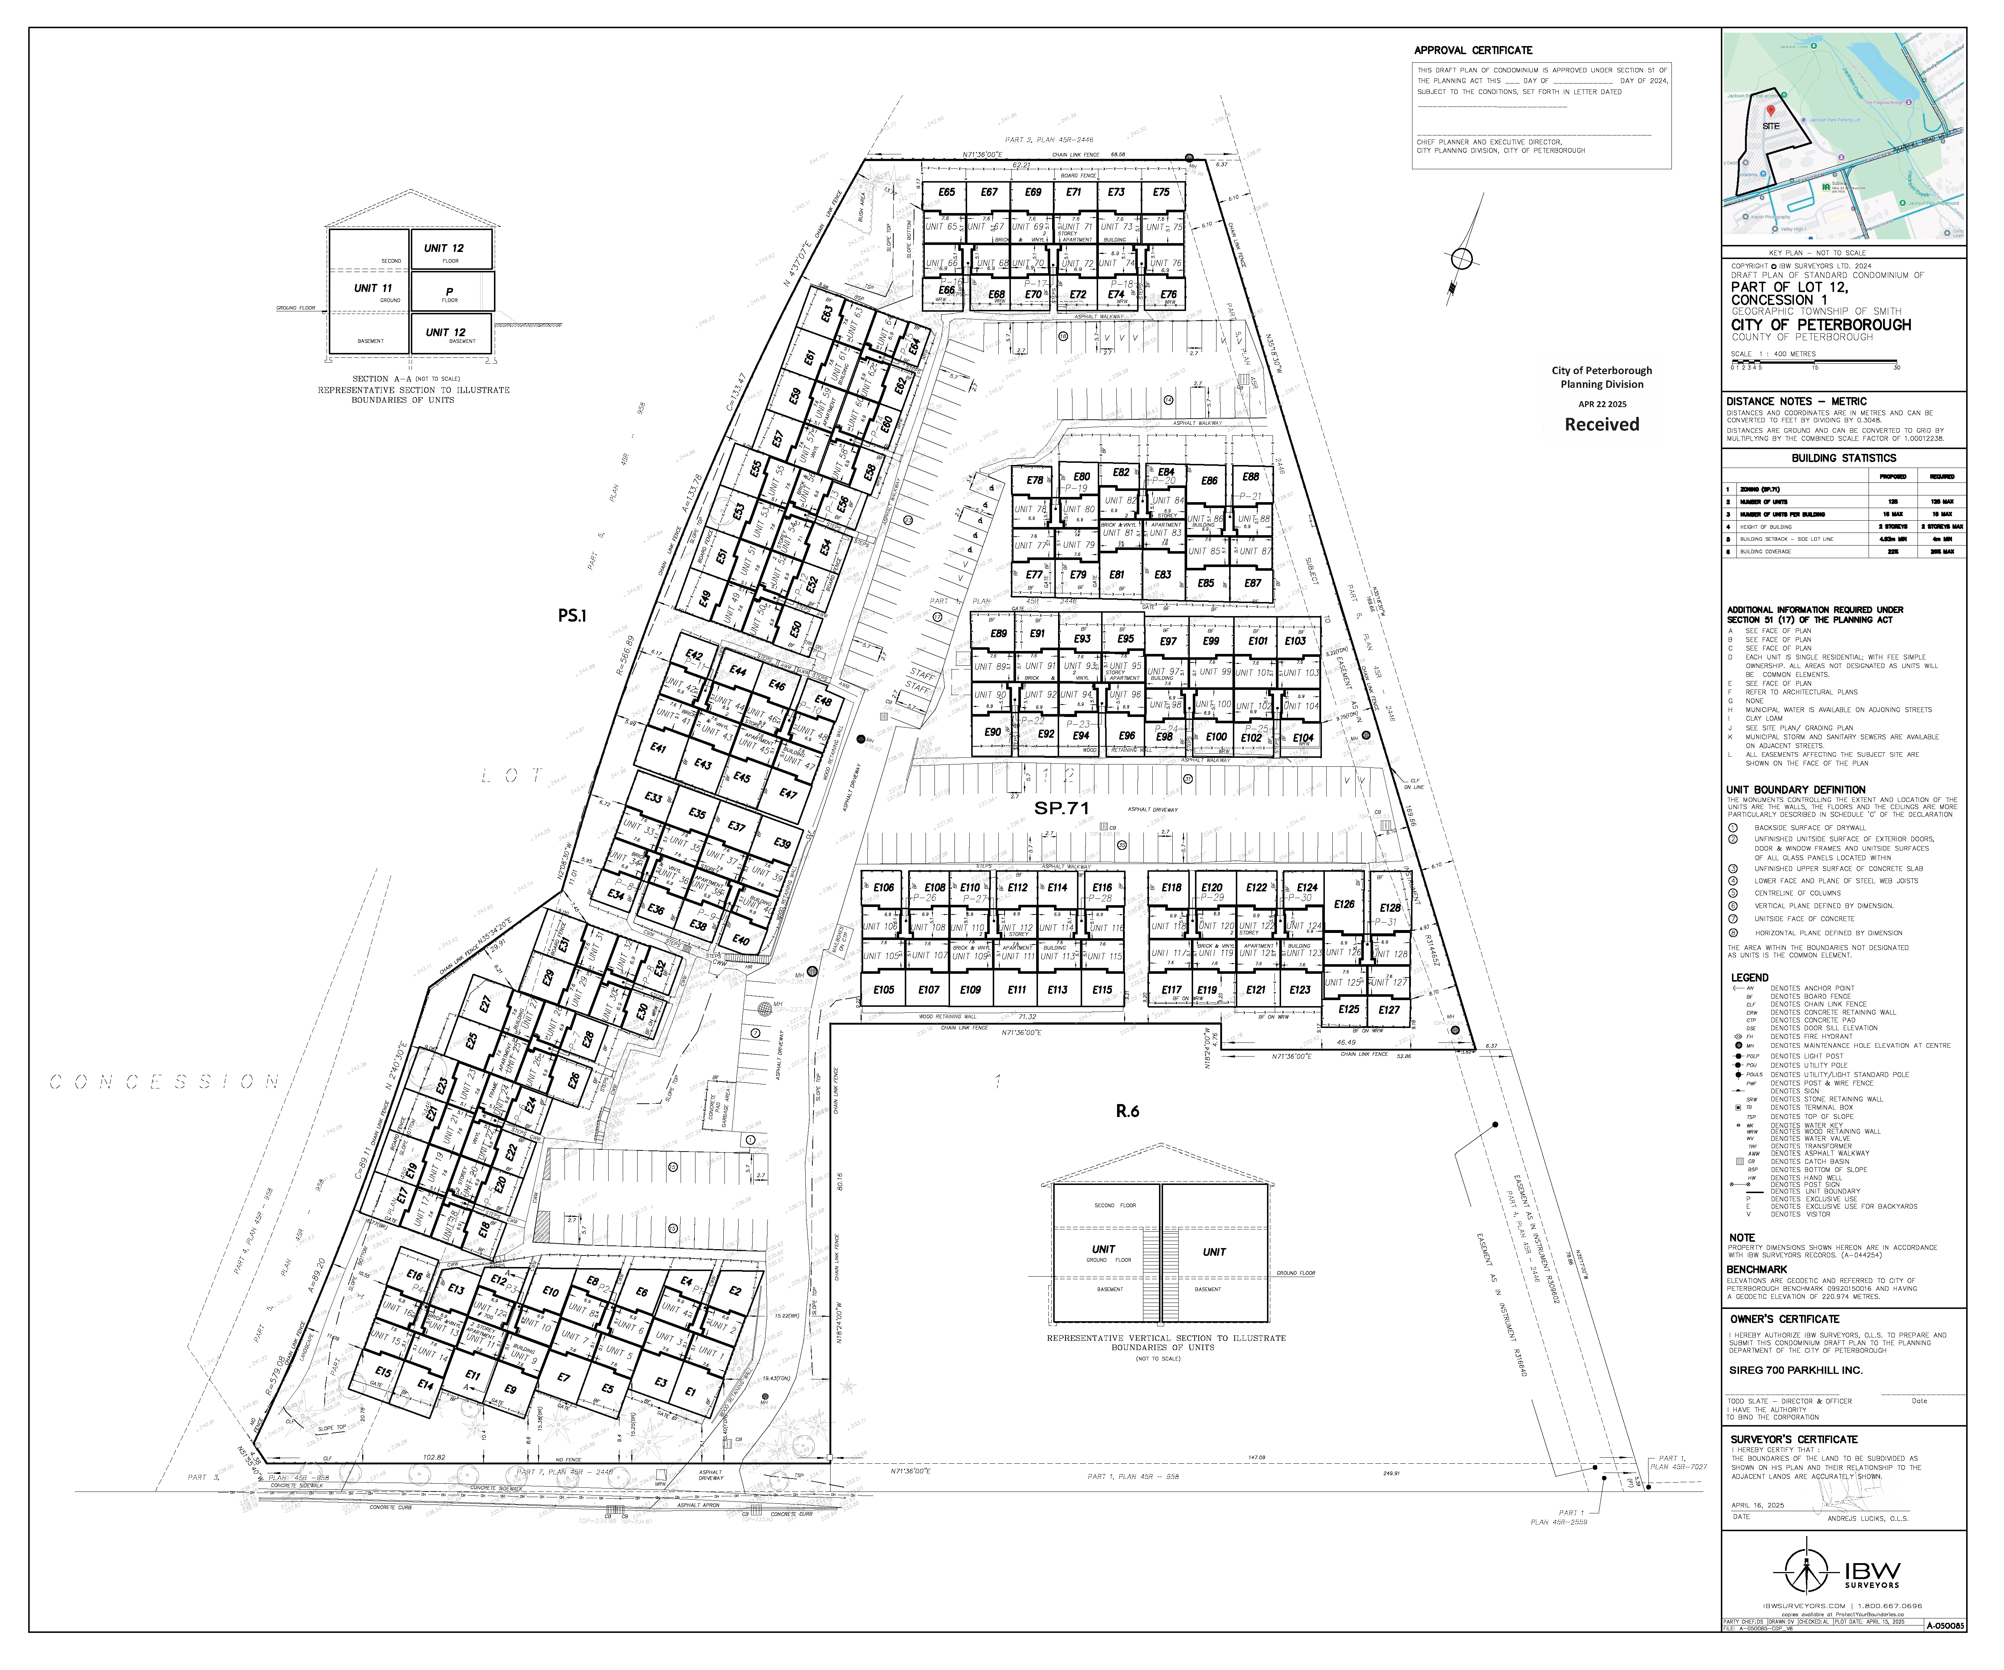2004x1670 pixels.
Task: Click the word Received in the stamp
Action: pos(1601,425)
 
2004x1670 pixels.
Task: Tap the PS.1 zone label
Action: pos(572,616)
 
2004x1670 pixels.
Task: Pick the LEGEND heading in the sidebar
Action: pos(1749,977)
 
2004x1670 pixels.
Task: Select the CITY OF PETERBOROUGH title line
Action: pos(1821,324)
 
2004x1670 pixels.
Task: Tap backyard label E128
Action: pos(1389,907)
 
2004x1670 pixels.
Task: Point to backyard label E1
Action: pos(690,1391)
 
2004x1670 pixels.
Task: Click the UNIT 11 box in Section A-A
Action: pos(372,288)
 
